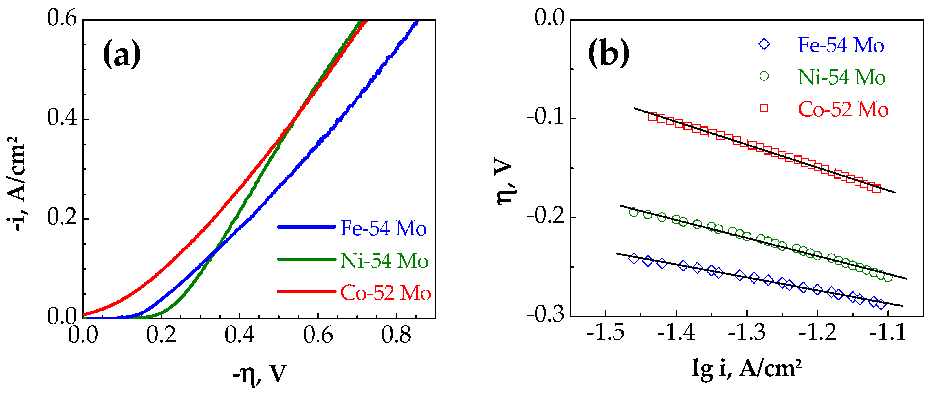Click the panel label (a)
(x=122, y=54)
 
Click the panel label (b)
(x=609, y=54)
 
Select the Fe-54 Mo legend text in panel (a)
(x=383, y=228)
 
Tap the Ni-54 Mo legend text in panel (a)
(x=384, y=260)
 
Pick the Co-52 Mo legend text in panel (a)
(x=385, y=293)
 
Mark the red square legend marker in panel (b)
(x=764, y=108)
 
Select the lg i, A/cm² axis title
(x=747, y=369)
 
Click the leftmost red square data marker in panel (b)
(x=652, y=117)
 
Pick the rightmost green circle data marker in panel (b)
(x=888, y=278)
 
